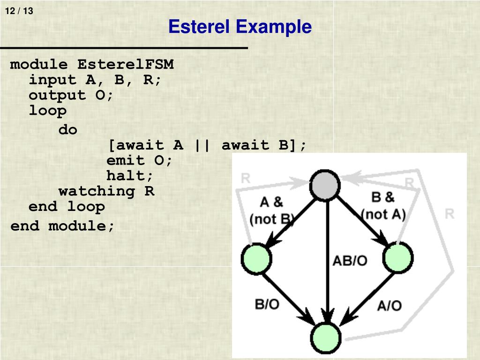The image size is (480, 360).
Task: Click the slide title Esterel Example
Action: pos(240,27)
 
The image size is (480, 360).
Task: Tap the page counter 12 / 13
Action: pos(19,11)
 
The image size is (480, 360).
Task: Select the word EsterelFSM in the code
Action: pos(125,64)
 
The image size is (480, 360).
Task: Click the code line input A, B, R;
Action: pos(95,80)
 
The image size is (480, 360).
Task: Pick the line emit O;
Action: pos(140,160)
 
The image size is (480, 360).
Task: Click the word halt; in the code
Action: pos(130,176)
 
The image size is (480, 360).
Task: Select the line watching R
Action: pos(106,191)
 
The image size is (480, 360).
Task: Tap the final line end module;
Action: pos(62,226)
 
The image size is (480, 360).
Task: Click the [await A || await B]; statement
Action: pos(207,145)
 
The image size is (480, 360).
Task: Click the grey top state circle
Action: pos(325,185)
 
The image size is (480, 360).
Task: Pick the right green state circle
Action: pos(398,258)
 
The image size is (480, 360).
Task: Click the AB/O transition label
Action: pos(350,261)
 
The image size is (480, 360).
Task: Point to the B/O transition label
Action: pos(267,304)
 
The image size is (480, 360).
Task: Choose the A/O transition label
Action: pos(389,306)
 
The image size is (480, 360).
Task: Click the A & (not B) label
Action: pos(271,210)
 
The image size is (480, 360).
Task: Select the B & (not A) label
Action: pos(383,206)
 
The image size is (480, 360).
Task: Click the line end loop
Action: pos(67,207)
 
